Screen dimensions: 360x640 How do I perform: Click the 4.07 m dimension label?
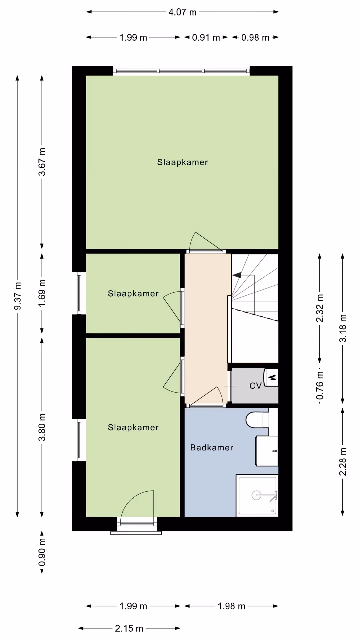pos(182,12)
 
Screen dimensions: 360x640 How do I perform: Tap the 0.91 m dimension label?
pos(206,37)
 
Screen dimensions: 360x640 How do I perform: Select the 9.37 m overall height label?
pos(18,296)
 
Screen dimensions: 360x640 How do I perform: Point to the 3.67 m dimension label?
pos(42,162)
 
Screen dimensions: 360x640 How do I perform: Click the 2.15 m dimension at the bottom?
pos(129,628)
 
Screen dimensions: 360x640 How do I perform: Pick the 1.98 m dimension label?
pos(231,606)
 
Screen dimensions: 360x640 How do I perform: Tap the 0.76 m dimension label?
pos(320,386)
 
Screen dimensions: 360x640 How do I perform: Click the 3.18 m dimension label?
pos(343,328)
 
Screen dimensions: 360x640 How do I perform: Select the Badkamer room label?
pos(212,447)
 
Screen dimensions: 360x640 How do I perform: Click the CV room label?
pos(255,386)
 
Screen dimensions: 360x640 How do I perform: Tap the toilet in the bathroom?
pos(257,420)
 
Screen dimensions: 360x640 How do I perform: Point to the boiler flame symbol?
pos(272,377)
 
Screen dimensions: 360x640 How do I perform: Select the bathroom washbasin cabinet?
pos(266,451)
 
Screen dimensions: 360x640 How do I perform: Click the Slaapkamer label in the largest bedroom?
pos(183,162)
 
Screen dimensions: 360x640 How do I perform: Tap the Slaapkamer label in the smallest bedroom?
pos(133,293)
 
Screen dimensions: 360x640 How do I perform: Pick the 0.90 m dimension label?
pos(42,552)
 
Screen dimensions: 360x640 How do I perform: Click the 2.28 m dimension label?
pos(343,462)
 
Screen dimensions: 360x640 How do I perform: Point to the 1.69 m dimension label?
pos(42,293)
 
